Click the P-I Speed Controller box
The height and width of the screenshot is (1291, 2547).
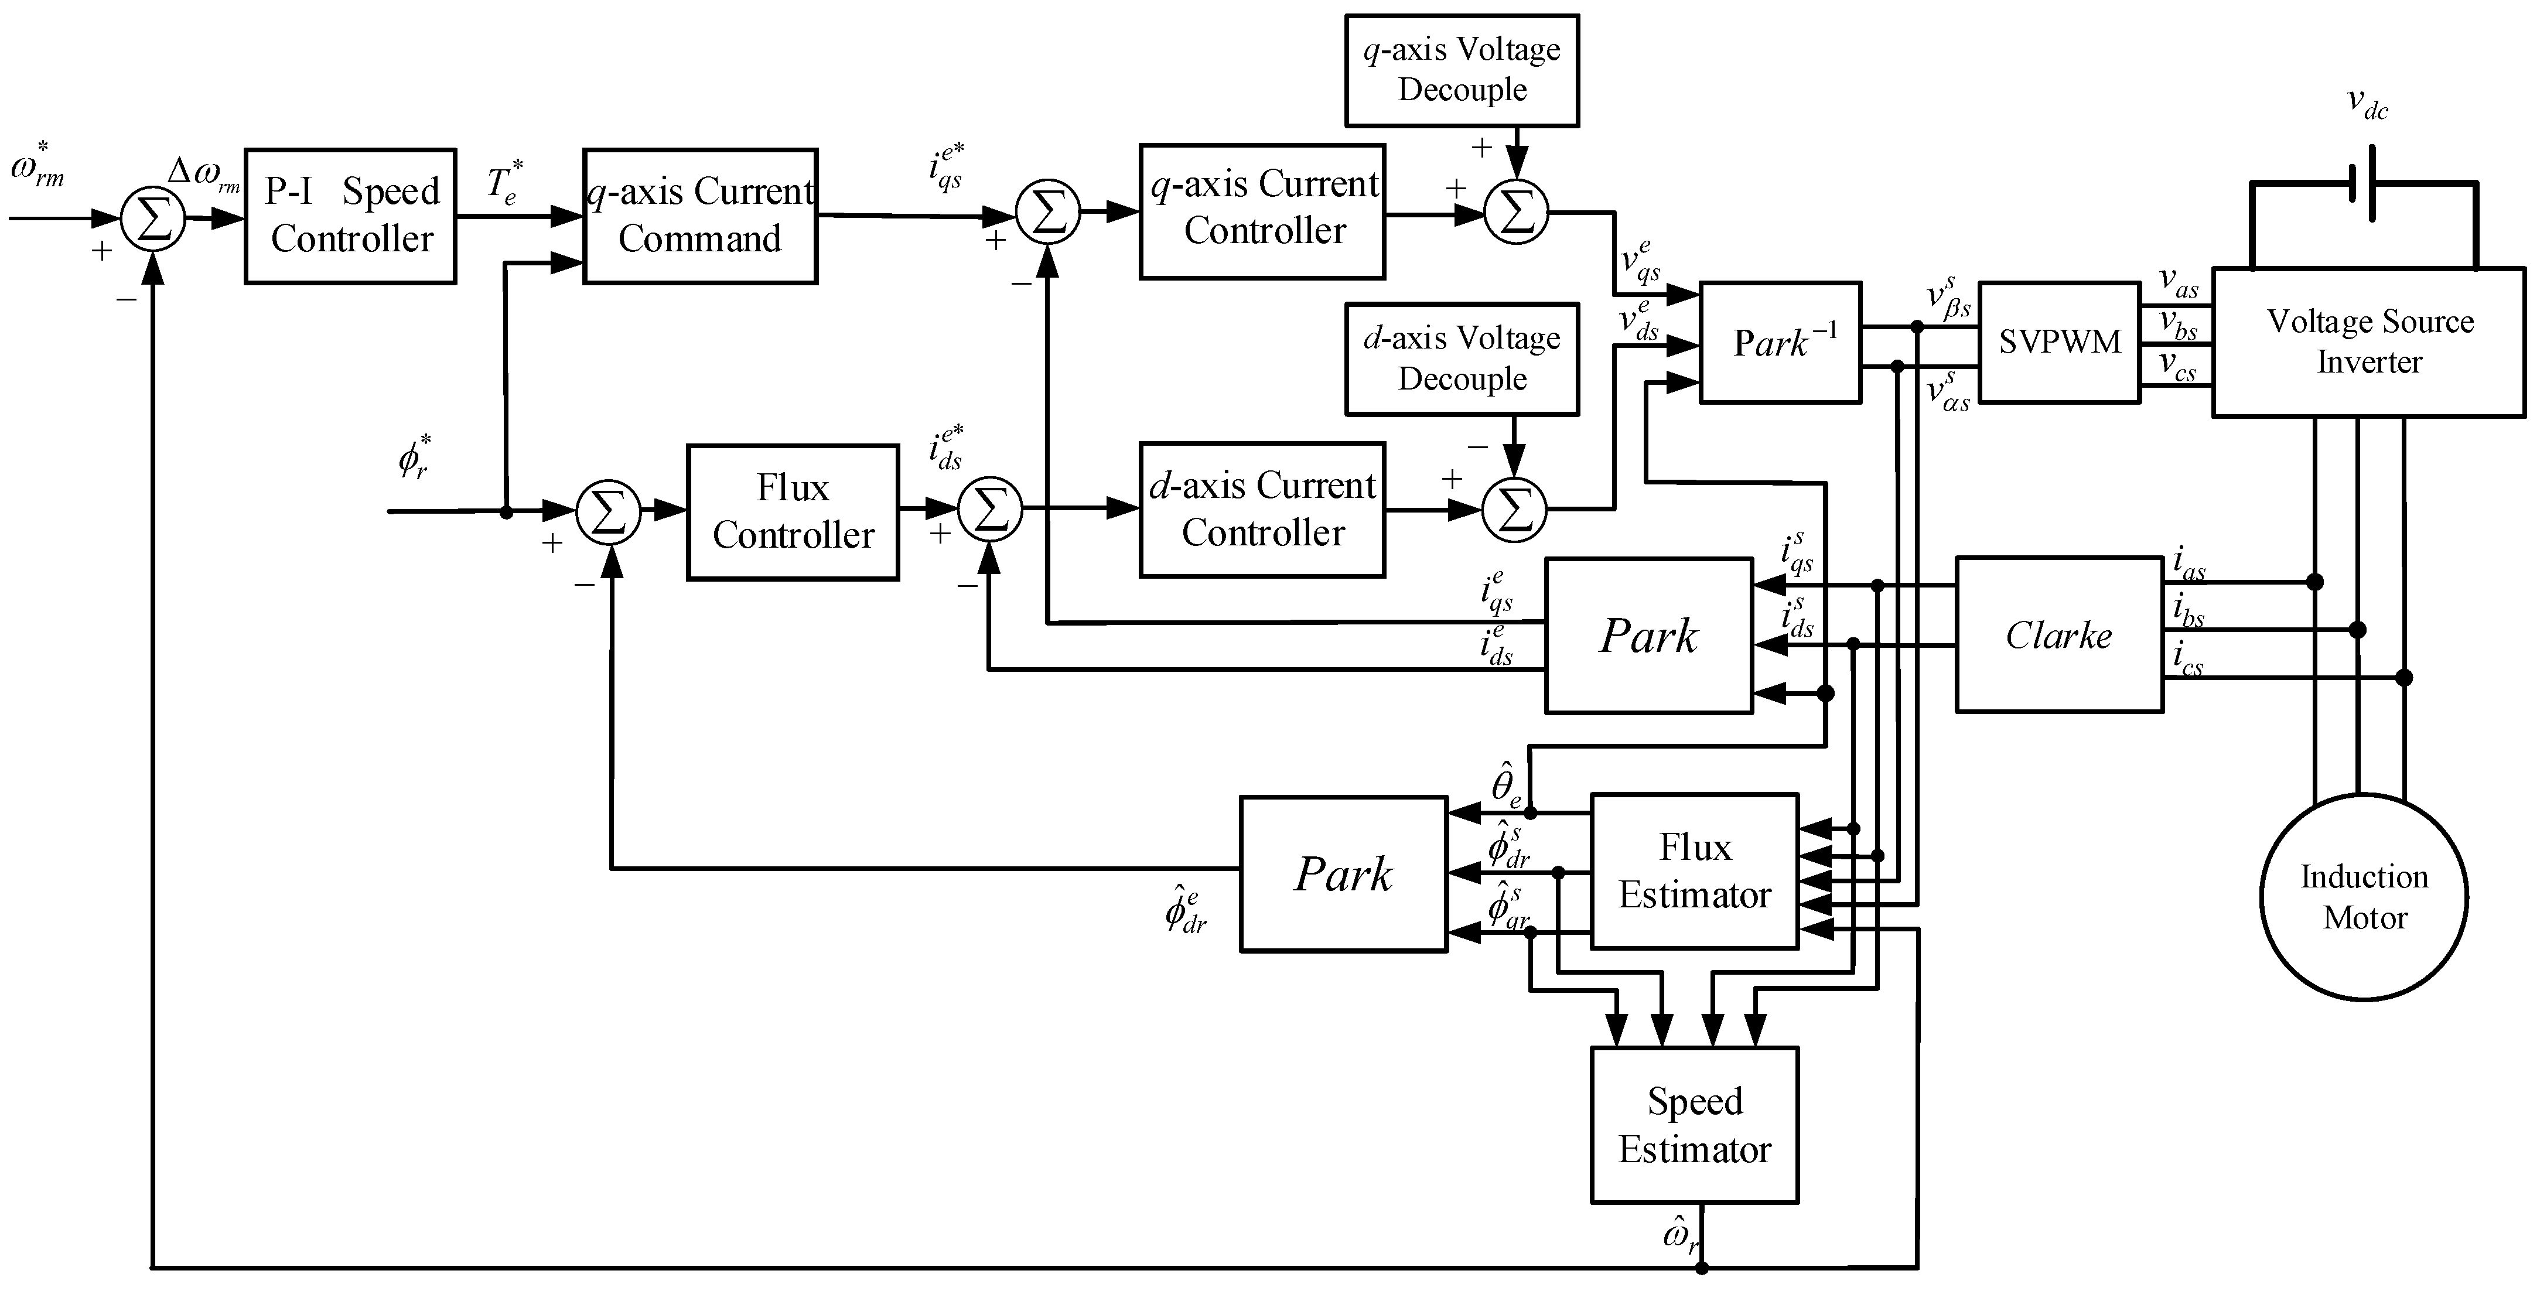click(x=351, y=217)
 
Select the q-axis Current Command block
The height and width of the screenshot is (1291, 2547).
click(x=700, y=217)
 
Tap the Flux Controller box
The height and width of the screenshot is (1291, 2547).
click(x=793, y=512)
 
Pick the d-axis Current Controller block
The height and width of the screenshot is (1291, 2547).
click(x=1262, y=510)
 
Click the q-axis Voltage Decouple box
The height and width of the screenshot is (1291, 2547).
click(x=1462, y=70)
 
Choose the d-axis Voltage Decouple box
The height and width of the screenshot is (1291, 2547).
click(x=1462, y=359)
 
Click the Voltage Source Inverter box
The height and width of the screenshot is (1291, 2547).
click(x=2369, y=342)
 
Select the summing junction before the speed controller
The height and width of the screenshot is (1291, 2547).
click(x=153, y=218)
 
